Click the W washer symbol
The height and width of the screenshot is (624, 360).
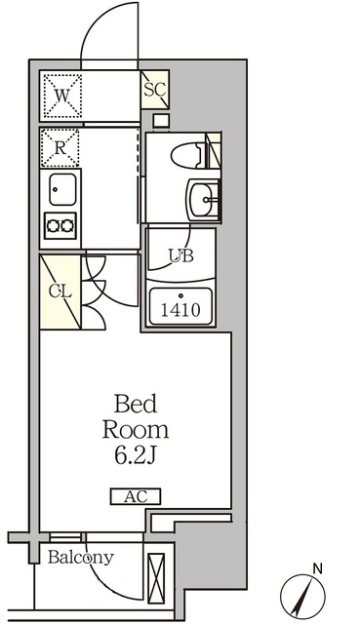click(61, 96)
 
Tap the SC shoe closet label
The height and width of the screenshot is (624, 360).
click(154, 90)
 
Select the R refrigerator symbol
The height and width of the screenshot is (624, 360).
click(60, 148)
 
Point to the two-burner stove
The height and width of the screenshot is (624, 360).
click(60, 226)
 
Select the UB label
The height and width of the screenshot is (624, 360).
click(181, 256)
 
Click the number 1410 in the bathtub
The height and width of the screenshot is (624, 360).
click(181, 310)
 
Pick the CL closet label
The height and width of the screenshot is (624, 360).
click(58, 291)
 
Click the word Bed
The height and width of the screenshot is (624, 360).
click(137, 404)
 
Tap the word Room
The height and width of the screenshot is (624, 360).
click(136, 429)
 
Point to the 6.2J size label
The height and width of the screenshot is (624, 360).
click(137, 455)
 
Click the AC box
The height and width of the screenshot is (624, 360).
click(136, 496)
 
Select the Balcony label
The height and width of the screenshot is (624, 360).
click(81, 558)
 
